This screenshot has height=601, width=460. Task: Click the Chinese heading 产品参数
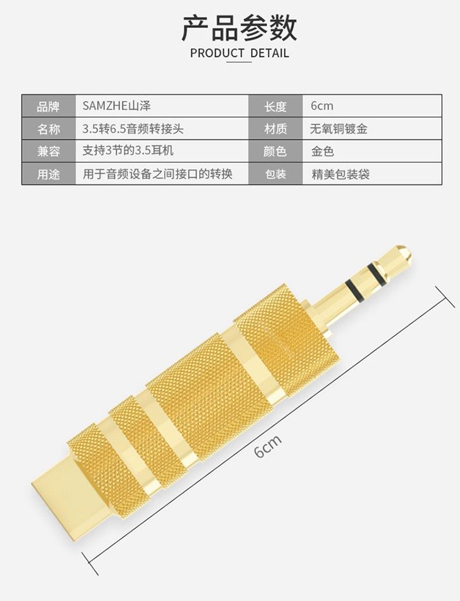pyautogui.click(x=239, y=28)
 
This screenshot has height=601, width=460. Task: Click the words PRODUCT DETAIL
pyautogui.click(x=239, y=53)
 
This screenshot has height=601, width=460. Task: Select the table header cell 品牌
pyautogui.click(x=48, y=106)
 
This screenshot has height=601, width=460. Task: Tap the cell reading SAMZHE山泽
pyautogui.click(x=116, y=106)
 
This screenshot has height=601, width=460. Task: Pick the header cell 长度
pyautogui.click(x=275, y=106)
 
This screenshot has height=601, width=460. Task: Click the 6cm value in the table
pyautogui.click(x=322, y=106)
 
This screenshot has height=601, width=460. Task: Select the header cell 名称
pyautogui.click(x=48, y=129)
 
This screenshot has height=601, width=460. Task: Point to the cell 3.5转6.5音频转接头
pyautogui.click(x=133, y=129)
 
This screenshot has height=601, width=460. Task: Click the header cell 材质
pyautogui.click(x=275, y=129)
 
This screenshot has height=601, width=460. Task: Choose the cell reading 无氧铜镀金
pyautogui.click(x=339, y=129)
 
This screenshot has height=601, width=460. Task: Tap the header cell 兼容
pyautogui.click(x=48, y=151)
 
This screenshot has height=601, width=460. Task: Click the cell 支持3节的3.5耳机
pyautogui.click(x=128, y=150)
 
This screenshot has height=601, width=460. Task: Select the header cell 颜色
pyautogui.click(x=275, y=151)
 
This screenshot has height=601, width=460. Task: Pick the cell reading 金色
pyautogui.click(x=322, y=151)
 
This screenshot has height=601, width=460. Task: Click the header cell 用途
pyautogui.click(x=48, y=174)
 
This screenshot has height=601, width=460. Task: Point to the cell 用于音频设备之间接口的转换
pyautogui.click(x=157, y=173)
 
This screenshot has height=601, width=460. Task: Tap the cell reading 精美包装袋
pyautogui.click(x=340, y=174)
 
